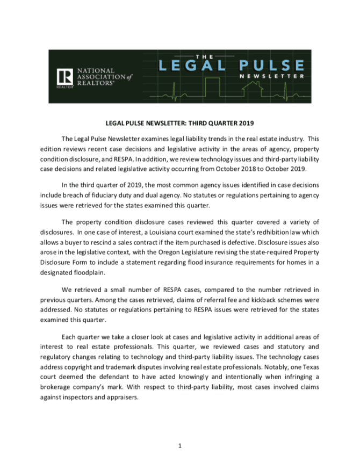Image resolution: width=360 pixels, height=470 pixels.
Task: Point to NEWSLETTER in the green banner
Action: [273, 77]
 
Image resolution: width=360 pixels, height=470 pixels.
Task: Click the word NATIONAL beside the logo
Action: [96, 70]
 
